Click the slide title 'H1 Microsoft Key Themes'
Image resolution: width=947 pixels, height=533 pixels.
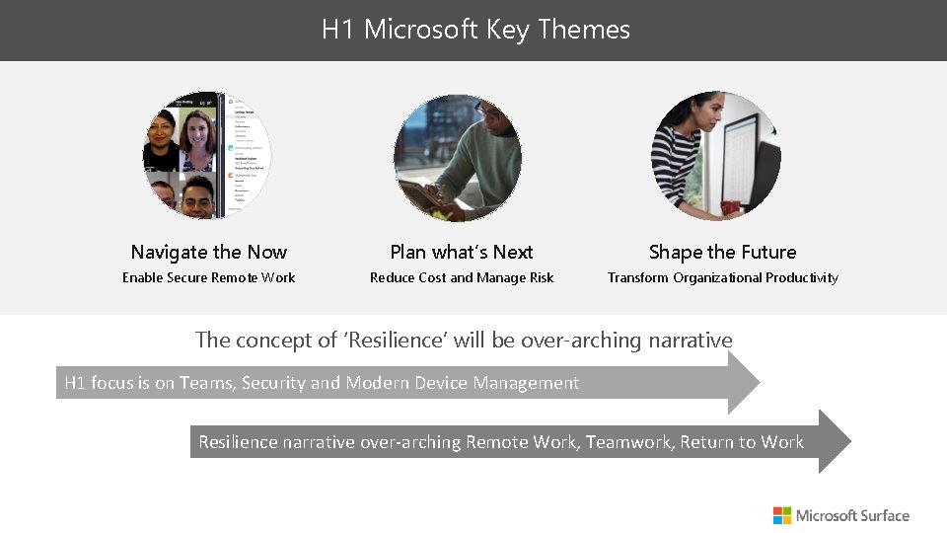tap(474, 30)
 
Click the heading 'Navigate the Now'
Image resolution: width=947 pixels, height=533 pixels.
tap(208, 252)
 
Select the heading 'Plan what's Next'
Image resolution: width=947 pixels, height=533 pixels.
tap(462, 252)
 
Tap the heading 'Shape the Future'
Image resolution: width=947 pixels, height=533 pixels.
tap(722, 252)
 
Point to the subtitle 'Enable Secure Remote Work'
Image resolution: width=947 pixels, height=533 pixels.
tap(208, 277)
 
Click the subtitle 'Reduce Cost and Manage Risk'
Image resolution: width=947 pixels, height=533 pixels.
tap(462, 277)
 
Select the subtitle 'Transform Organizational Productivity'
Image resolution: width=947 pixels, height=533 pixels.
tap(722, 277)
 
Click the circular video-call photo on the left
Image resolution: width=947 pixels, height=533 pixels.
tap(207, 156)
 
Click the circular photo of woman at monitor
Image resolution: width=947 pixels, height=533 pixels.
tap(715, 156)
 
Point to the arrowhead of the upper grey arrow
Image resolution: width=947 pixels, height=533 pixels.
tap(742, 382)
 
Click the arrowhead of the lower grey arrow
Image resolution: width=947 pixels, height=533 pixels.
tap(833, 441)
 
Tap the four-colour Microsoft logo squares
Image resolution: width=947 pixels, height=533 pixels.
tap(782, 515)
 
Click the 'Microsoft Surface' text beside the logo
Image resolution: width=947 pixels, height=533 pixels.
tap(852, 515)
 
